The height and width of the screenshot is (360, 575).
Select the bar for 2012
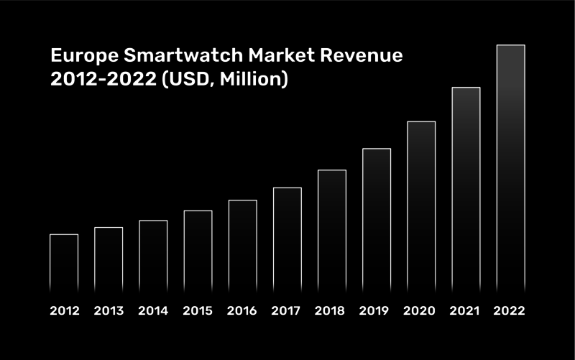click(x=64, y=264)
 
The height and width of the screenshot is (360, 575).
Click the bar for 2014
click(x=153, y=257)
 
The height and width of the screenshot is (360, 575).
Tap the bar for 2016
click(x=243, y=246)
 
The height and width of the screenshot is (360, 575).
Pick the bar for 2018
click(x=332, y=231)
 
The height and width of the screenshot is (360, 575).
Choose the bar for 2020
click(x=421, y=207)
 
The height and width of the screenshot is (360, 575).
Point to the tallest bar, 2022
click(x=510, y=169)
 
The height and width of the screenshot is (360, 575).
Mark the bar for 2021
click(x=466, y=190)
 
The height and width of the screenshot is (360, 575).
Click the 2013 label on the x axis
click(x=109, y=311)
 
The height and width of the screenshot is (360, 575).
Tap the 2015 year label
click(x=198, y=311)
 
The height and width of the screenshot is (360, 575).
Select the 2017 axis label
click(x=287, y=311)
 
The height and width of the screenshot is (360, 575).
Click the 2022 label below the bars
click(x=510, y=311)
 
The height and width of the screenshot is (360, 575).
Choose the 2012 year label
click(x=64, y=311)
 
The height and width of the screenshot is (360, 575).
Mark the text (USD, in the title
click(x=188, y=80)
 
